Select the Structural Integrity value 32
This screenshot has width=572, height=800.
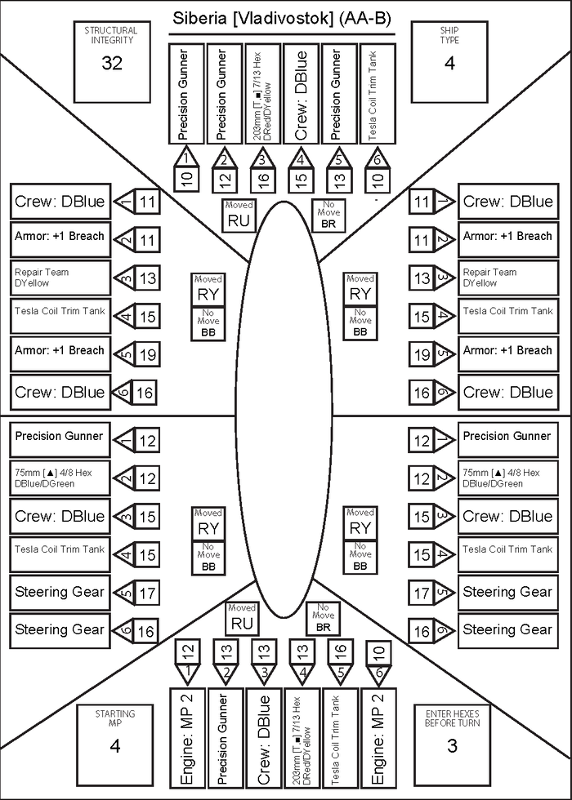coord(112,64)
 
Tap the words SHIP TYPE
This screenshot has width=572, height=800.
coord(449,35)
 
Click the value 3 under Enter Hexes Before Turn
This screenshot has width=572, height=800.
coord(453,744)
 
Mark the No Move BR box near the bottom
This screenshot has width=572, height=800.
coord(322,619)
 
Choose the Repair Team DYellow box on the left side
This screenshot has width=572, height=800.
coord(60,278)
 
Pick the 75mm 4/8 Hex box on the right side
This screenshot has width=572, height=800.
coord(507,478)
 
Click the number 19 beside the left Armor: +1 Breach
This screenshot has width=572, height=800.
coord(145,355)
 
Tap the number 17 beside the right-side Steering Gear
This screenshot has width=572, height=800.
coord(421,593)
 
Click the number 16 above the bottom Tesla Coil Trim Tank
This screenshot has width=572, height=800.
coord(340,651)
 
